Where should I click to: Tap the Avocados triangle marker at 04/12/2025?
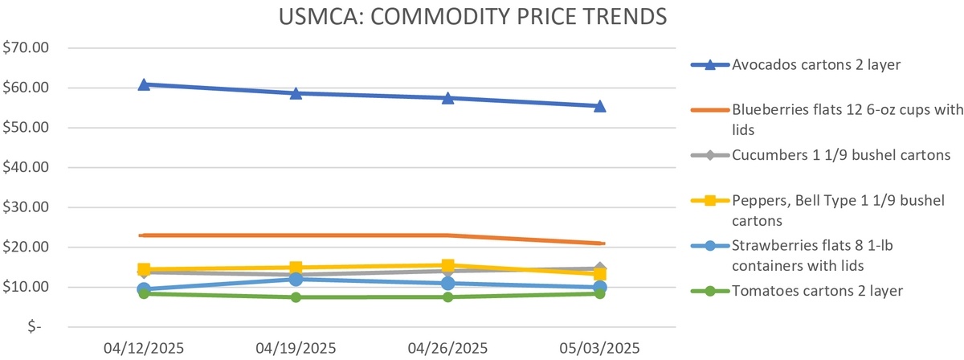coord(144,84)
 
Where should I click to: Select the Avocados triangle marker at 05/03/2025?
coord(599,105)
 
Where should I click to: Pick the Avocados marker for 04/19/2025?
coord(296,92)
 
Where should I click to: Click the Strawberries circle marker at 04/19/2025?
coord(296,279)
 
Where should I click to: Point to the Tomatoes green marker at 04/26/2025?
coord(447,297)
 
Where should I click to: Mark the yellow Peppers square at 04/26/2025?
coord(447,265)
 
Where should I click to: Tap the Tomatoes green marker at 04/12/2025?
coord(144,293)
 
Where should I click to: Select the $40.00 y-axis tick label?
coord(27,167)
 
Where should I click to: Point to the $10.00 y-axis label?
coord(27,287)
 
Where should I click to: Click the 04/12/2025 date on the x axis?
coord(144,348)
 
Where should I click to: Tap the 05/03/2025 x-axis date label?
coord(599,348)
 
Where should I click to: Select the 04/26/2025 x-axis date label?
coord(447,348)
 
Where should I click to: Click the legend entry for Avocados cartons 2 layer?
coord(815,65)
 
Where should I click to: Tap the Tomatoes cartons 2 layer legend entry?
coord(815,290)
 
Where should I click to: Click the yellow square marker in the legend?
coord(710,200)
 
